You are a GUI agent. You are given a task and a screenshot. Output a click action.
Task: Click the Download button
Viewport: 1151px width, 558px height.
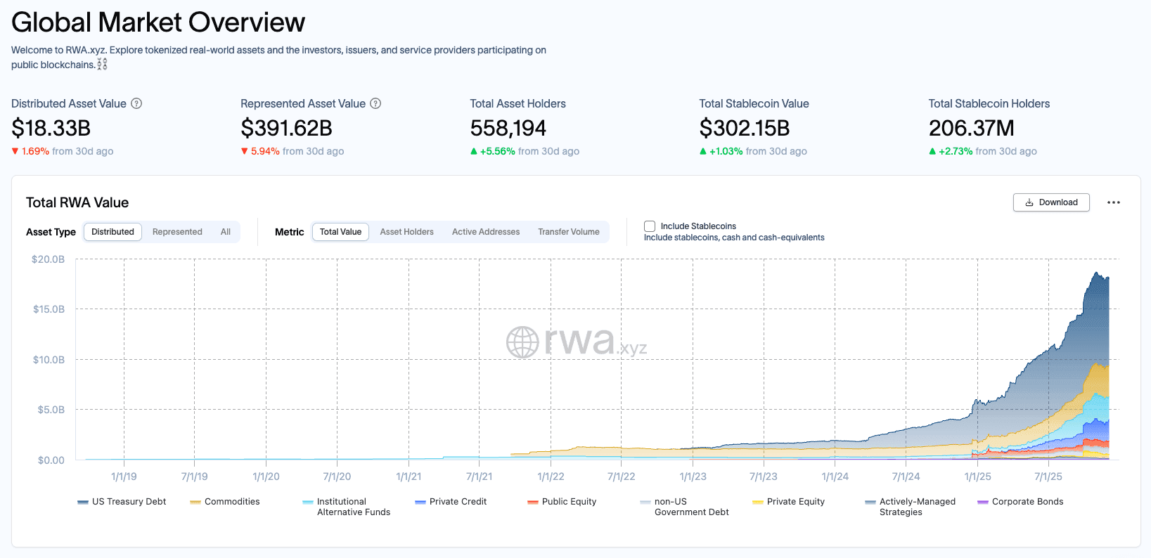[1051, 202]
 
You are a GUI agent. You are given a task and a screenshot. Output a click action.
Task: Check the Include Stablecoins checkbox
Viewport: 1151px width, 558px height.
[650, 226]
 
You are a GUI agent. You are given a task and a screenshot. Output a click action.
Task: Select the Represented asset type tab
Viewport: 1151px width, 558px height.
[177, 232]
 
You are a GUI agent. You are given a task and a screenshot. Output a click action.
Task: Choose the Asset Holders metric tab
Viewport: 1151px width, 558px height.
[406, 232]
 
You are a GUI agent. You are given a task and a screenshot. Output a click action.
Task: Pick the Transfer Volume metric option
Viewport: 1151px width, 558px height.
[568, 232]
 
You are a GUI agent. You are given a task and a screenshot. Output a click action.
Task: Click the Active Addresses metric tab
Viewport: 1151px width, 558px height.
[485, 232]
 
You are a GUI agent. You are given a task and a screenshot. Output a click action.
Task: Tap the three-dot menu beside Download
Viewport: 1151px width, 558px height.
[1114, 202]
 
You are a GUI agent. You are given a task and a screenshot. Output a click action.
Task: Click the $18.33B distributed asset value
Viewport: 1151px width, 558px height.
[51, 129]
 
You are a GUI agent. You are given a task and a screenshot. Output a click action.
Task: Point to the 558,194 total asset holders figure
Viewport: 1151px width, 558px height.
[508, 129]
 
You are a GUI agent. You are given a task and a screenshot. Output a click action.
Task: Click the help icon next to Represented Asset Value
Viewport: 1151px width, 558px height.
[375, 103]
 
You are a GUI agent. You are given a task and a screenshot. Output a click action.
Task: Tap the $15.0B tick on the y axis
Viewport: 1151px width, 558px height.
[49, 309]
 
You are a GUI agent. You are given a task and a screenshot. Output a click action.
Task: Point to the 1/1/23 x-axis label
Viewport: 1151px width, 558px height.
[693, 476]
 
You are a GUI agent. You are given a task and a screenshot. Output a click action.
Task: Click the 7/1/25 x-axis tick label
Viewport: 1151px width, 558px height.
[1048, 476]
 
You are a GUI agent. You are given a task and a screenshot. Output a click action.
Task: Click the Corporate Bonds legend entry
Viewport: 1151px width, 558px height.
[1027, 502]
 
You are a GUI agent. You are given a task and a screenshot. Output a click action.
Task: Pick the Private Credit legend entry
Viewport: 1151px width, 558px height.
[458, 502]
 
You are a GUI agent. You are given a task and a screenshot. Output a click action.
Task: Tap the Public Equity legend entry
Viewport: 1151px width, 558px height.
[569, 502]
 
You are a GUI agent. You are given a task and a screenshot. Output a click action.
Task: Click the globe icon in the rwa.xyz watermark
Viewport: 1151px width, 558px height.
[522, 342]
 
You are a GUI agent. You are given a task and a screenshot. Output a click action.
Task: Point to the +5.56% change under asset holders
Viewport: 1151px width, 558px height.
[497, 151]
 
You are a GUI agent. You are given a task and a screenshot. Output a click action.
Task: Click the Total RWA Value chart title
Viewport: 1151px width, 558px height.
[77, 202]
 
